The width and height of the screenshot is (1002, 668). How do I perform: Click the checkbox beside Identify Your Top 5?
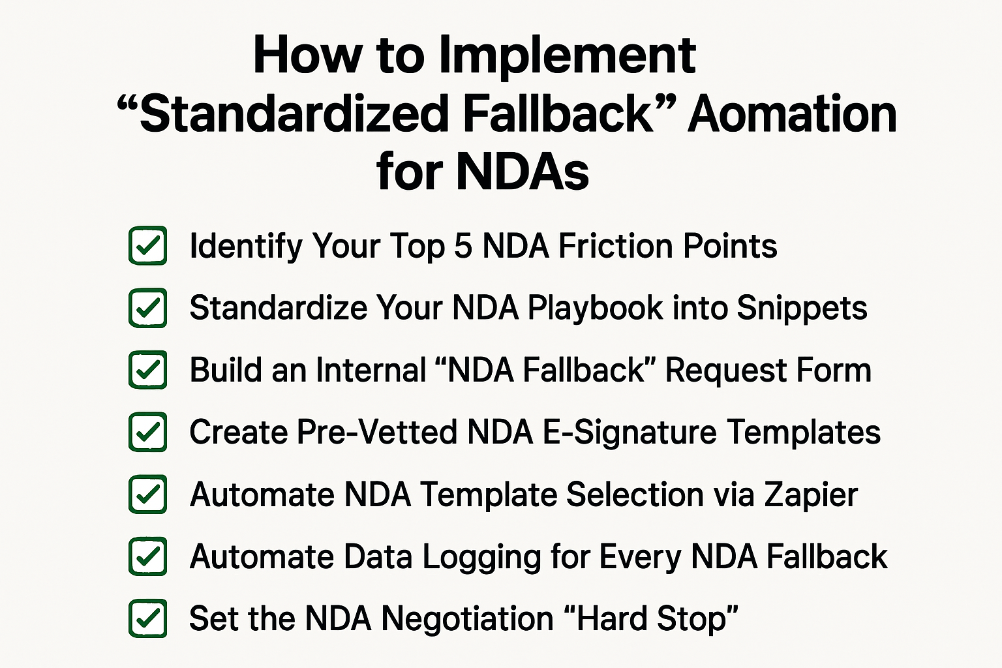pyautogui.click(x=148, y=246)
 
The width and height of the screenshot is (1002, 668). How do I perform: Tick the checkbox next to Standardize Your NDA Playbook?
pyautogui.click(x=148, y=308)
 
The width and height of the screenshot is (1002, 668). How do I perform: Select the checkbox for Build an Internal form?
pyautogui.click(x=148, y=370)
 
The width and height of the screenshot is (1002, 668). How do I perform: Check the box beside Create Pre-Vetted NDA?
pyautogui.click(x=148, y=432)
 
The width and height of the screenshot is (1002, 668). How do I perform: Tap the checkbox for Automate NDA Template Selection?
pyautogui.click(x=148, y=494)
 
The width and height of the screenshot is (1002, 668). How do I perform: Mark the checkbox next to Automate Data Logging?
pyautogui.click(x=148, y=556)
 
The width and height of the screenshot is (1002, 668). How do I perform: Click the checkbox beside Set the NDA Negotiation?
pyautogui.click(x=148, y=618)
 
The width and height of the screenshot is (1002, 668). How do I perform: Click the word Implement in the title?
pyautogui.click(x=567, y=56)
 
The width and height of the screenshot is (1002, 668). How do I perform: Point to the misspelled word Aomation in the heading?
pyautogui.click(x=792, y=114)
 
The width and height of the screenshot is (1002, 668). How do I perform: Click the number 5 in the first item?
pyautogui.click(x=463, y=247)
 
